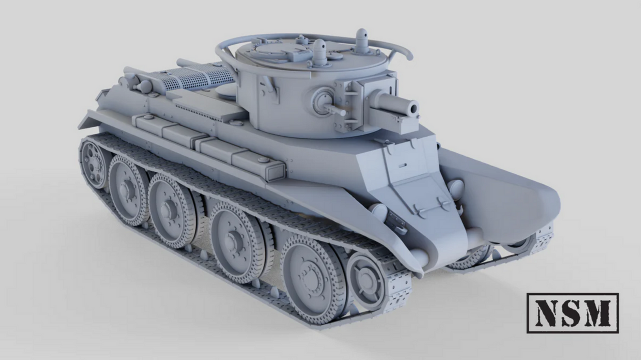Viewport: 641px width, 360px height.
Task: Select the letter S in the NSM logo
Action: pos(569,313)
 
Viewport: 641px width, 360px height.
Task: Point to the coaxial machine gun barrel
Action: pos(336,110)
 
